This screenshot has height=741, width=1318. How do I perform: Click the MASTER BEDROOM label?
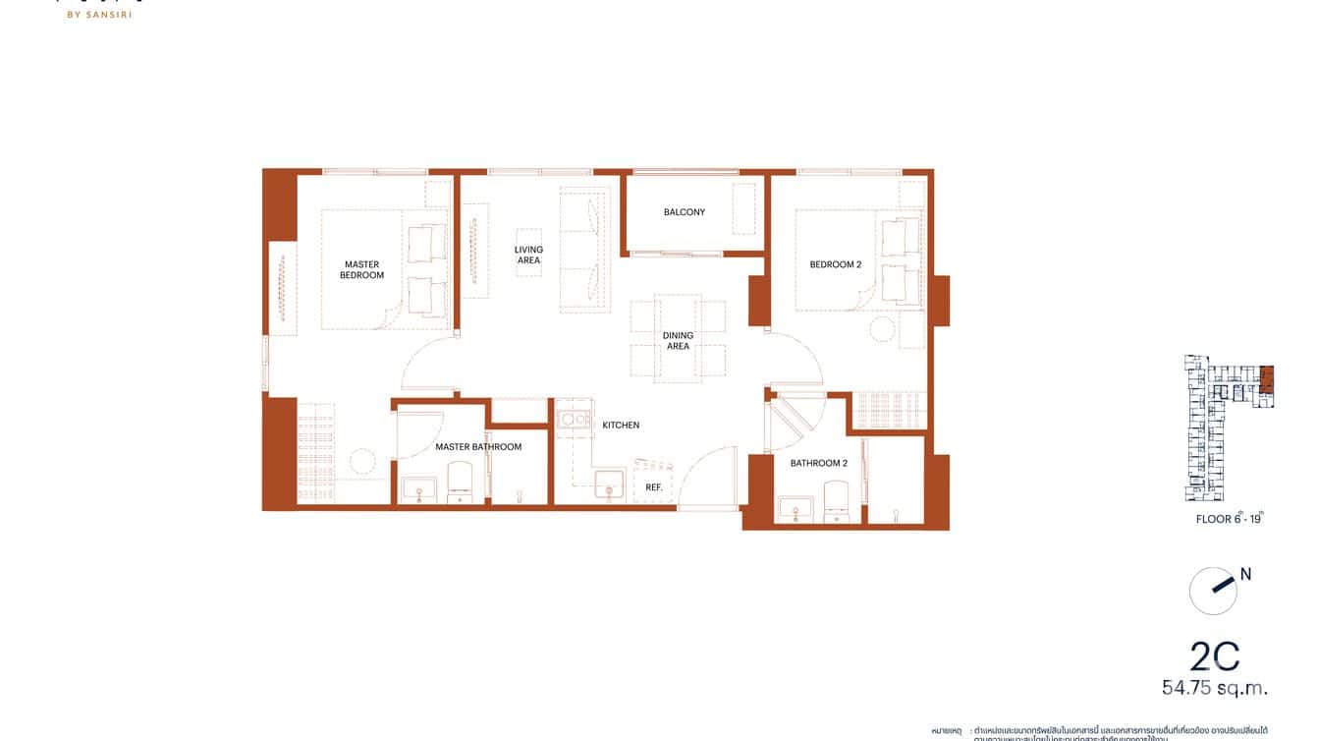[x=361, y=269]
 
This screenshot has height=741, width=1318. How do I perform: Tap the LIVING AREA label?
[x=528, y=255]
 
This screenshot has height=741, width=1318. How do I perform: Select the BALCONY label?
[x=684, y=212]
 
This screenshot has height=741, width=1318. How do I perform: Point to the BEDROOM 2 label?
[x=835, y=264]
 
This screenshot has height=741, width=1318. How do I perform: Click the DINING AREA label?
[x=678, y=341]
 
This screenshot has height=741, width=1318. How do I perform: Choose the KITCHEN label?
[x=621, y=426]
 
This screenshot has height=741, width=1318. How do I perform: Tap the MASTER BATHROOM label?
[x=478, y=447]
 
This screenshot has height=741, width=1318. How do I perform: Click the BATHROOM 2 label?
[x=818, y=463]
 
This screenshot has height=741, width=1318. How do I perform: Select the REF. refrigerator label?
[x=653, y=487]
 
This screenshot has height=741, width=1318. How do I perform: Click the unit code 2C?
[x=1214, y=655]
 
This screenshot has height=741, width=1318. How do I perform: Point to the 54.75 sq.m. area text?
[x=1215, y=688]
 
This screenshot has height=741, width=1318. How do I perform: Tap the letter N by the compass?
[x=1245, y=575]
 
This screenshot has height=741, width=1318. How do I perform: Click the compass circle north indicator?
[x=1212, y=591]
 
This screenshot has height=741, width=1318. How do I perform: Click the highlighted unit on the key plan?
[x=1266, y=379]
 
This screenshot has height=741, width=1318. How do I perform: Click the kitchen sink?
[x=609, y=484]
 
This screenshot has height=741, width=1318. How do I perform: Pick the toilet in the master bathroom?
[x=461, y=484]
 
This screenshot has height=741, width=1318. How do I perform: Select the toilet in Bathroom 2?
[x=836, y=499]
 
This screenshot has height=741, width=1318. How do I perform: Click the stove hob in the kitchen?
[x=571, y=420]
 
